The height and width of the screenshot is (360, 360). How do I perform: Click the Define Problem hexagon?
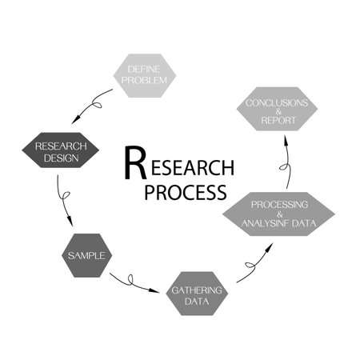[145, 75]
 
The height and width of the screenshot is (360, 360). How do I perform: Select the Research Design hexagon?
[60, 151]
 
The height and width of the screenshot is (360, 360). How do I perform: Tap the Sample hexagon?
[86, 255]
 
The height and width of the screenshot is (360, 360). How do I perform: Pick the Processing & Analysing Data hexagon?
[277, 213]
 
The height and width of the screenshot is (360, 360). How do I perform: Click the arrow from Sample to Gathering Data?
[132, 282]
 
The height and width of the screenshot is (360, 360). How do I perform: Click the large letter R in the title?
[136, 163]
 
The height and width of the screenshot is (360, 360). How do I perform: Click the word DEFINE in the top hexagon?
[145, 70]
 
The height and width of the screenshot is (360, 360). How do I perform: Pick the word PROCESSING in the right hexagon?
[277, 204]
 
